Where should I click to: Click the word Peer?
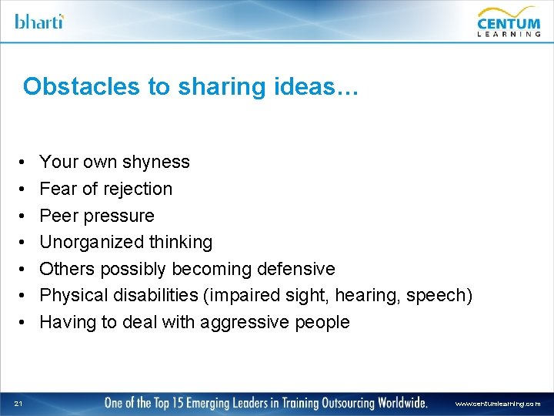click(x=57, y=216)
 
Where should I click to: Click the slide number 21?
click(x=18, y=402)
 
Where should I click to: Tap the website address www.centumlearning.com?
click(x=498, y=403)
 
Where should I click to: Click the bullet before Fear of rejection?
click(x=23, y=189)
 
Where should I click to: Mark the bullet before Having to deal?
click(x=23, y=322)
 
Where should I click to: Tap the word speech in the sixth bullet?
click(x=443, y=295)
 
